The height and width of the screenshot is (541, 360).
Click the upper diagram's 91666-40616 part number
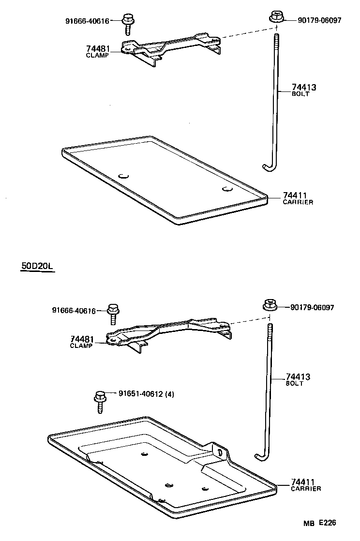87,21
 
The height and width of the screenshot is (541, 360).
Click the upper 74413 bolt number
304,88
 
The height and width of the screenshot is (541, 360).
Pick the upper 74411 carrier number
295,195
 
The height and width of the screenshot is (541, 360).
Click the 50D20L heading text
37,266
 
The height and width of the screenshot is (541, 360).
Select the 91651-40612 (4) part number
146,394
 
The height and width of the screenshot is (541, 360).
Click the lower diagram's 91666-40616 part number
74,311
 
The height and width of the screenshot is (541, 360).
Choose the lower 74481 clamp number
82,340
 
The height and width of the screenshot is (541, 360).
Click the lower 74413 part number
298,377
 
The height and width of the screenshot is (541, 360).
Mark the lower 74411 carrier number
303,482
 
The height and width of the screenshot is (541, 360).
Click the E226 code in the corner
327,523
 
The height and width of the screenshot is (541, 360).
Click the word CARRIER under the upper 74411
298,202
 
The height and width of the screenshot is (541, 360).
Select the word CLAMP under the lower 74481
81,346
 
